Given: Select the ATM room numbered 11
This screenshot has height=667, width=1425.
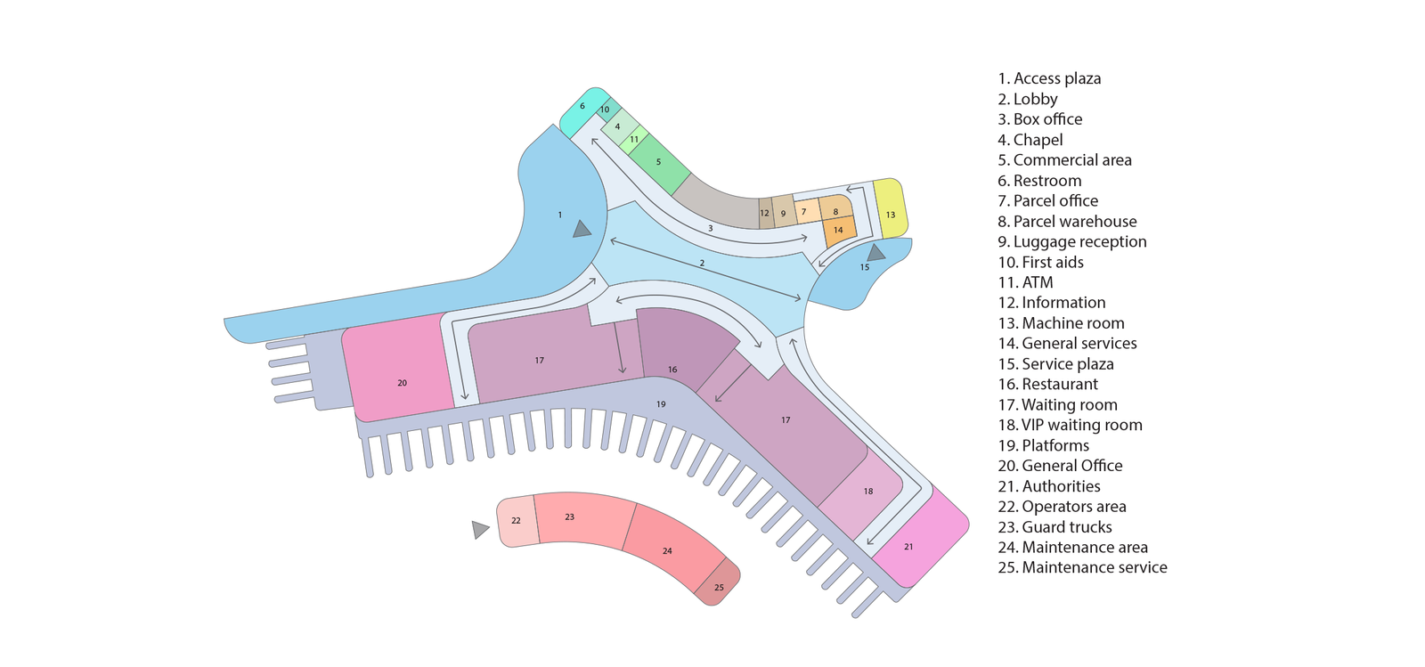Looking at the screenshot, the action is coord(634,139).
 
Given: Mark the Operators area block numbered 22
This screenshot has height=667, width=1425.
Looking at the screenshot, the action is coord(517,521).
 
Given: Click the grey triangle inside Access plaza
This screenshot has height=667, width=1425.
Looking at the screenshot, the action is coord(582,229).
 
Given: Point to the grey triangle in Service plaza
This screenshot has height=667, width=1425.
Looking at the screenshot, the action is coord(876,253).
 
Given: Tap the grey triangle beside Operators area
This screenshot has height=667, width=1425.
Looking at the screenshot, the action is coord(480,529).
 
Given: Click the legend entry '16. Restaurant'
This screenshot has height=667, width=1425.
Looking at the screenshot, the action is coord(1047,384).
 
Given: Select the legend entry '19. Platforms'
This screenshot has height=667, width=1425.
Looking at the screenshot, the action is coord(1043,445).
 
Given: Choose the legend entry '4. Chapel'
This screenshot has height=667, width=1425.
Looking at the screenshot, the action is coord(1030,140).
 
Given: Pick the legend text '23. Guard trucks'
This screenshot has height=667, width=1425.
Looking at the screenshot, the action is coord(1054,527).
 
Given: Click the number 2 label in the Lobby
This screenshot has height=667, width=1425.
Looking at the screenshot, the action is coord(703,263).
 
